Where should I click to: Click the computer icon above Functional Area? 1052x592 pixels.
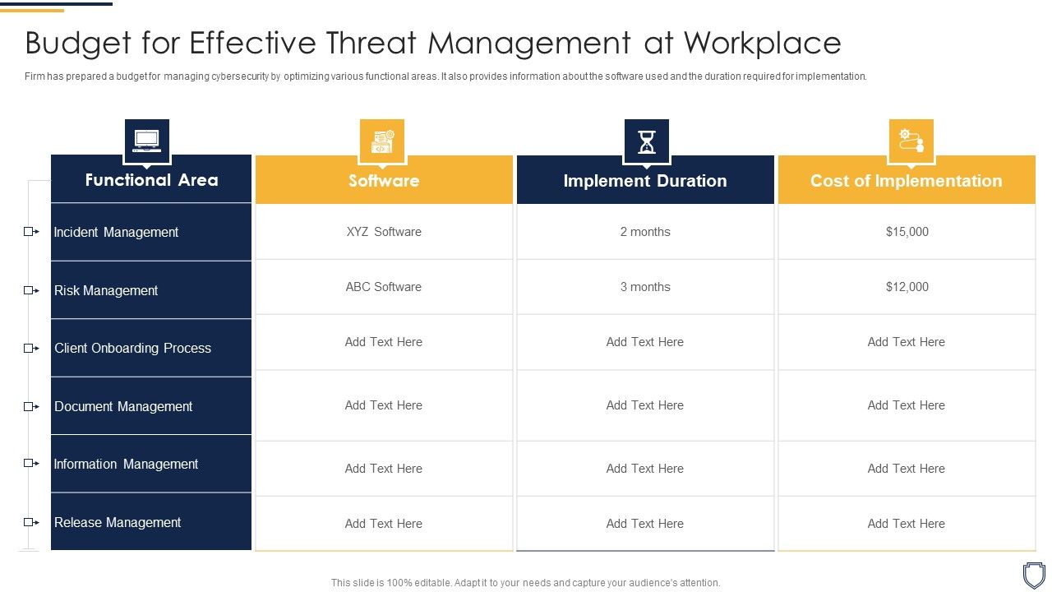(x=147, y=141)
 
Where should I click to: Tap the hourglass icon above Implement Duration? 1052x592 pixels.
(x=647, y=141)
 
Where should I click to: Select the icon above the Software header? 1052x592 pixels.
(x=382, y=141)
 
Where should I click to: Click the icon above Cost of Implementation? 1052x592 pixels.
(x=911, y=141)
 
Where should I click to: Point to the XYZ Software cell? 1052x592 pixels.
(x=384, y=232)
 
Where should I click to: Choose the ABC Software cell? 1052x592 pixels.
(x=384, y=287)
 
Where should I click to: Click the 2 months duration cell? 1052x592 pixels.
(x=645, y=232)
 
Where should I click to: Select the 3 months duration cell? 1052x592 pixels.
(x=645, y=287)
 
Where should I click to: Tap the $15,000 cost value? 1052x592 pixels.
(x=907, y=232)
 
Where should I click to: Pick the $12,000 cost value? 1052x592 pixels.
(x=907, y=287)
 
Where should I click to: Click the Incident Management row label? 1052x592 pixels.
(x=116, y=232)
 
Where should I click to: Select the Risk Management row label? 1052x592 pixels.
(x=106, y=290)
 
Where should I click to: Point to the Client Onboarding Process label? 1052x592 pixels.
(x=132, y=348)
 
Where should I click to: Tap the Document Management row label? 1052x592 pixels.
(x=123, y=406)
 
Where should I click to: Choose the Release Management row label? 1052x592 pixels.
(x=118, y=522)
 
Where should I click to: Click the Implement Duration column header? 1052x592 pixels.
(x=645, y=181)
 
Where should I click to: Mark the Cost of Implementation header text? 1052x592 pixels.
(x=907, y=181)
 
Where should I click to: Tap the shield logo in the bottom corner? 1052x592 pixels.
(x=1033, y=574)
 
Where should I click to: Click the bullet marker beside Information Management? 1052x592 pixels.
(x=30, y=464)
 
